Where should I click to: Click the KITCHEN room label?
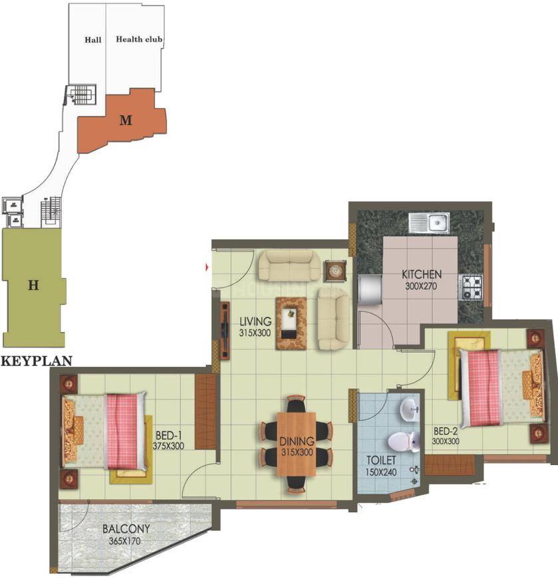(x=422, y=274)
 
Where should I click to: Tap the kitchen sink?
(x=430, y=222)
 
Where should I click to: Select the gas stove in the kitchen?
(x=472, y=286)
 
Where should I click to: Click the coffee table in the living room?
(x=292, y=323)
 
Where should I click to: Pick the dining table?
(x=297, y=442)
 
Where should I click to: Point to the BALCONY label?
(x=126, y=530)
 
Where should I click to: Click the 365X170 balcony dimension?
(x=126, y=541)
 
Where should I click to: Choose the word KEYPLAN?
(x=37, y=362)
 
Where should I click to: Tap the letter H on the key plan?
(x=33, y=286)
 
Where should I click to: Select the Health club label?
(x=140, y=39)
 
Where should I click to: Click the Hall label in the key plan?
(x=93, y=40)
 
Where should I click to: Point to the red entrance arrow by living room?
(x=208, y=267)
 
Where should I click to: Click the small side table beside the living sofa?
(x=335, y=270)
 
